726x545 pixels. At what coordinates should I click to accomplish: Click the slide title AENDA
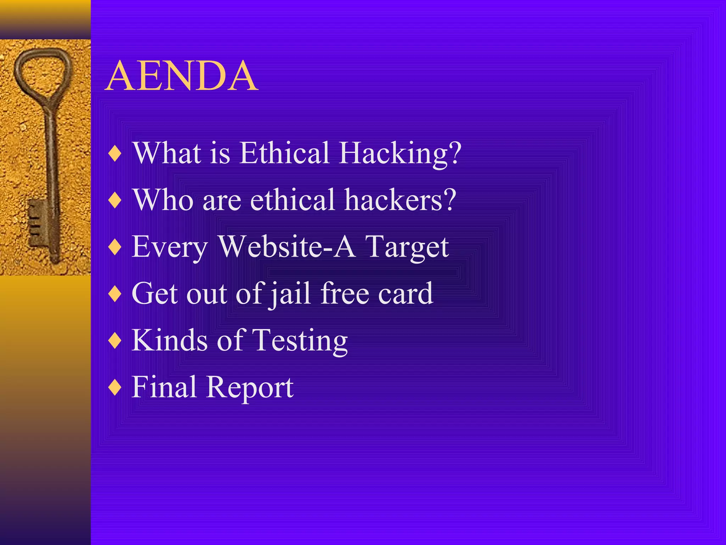[x=181, y=76]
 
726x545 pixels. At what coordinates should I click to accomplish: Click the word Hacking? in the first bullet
[x=400, y=153]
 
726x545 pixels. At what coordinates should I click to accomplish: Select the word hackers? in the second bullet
[x=400, y=200]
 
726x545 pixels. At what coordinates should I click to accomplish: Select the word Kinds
[x=169, y=340]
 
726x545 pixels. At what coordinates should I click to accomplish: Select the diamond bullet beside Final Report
[x=115, y=388]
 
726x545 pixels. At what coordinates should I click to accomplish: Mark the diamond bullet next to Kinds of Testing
[x=115, y=341]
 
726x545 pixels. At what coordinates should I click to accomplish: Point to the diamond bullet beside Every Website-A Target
[x=115, y=247]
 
